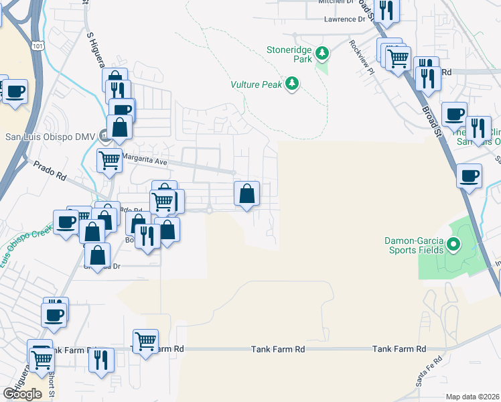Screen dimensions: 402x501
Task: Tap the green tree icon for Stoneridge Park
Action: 322,52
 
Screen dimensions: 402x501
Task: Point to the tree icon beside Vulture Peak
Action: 291,84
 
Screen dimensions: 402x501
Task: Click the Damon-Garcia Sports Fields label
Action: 413,245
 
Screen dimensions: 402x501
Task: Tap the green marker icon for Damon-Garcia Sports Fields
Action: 453,245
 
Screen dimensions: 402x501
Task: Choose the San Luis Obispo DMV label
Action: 51,137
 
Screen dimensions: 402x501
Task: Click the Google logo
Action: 22,394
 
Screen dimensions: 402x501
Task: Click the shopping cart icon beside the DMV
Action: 109,160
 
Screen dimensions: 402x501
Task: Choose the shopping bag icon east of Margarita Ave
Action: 246,194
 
